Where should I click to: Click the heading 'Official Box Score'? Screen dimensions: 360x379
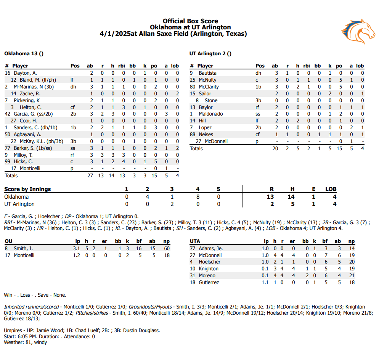[190, 21]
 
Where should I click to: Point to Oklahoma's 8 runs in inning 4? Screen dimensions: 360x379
[198, 197]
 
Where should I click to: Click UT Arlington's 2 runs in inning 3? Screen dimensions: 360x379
[172, 204]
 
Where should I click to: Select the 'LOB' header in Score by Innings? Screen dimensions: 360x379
[331, 189]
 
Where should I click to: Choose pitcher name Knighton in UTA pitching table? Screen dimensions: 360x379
[209, 269]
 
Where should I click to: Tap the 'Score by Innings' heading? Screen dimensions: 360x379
[27, 189]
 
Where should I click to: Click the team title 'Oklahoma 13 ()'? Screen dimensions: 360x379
[24, 54]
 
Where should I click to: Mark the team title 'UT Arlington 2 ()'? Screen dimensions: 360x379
[210, 54]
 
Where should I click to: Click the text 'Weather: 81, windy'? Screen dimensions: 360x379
[26, 342]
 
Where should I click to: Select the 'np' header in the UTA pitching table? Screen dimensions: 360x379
[351, 241]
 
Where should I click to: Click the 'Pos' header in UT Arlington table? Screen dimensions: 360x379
[260, 66]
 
